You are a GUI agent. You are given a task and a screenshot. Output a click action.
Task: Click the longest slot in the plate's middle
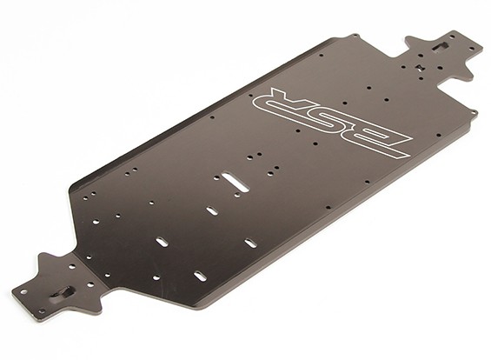click(x=236, y=182)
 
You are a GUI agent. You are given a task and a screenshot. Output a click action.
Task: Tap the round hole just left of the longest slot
click(x=216, y=178)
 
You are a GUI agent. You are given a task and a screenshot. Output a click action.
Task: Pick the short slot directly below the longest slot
click(x=212, y=210)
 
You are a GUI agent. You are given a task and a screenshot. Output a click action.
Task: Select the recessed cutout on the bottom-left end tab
click(x=63, y=293)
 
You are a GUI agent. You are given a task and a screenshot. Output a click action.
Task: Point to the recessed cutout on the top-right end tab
click(x=440, y=46)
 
